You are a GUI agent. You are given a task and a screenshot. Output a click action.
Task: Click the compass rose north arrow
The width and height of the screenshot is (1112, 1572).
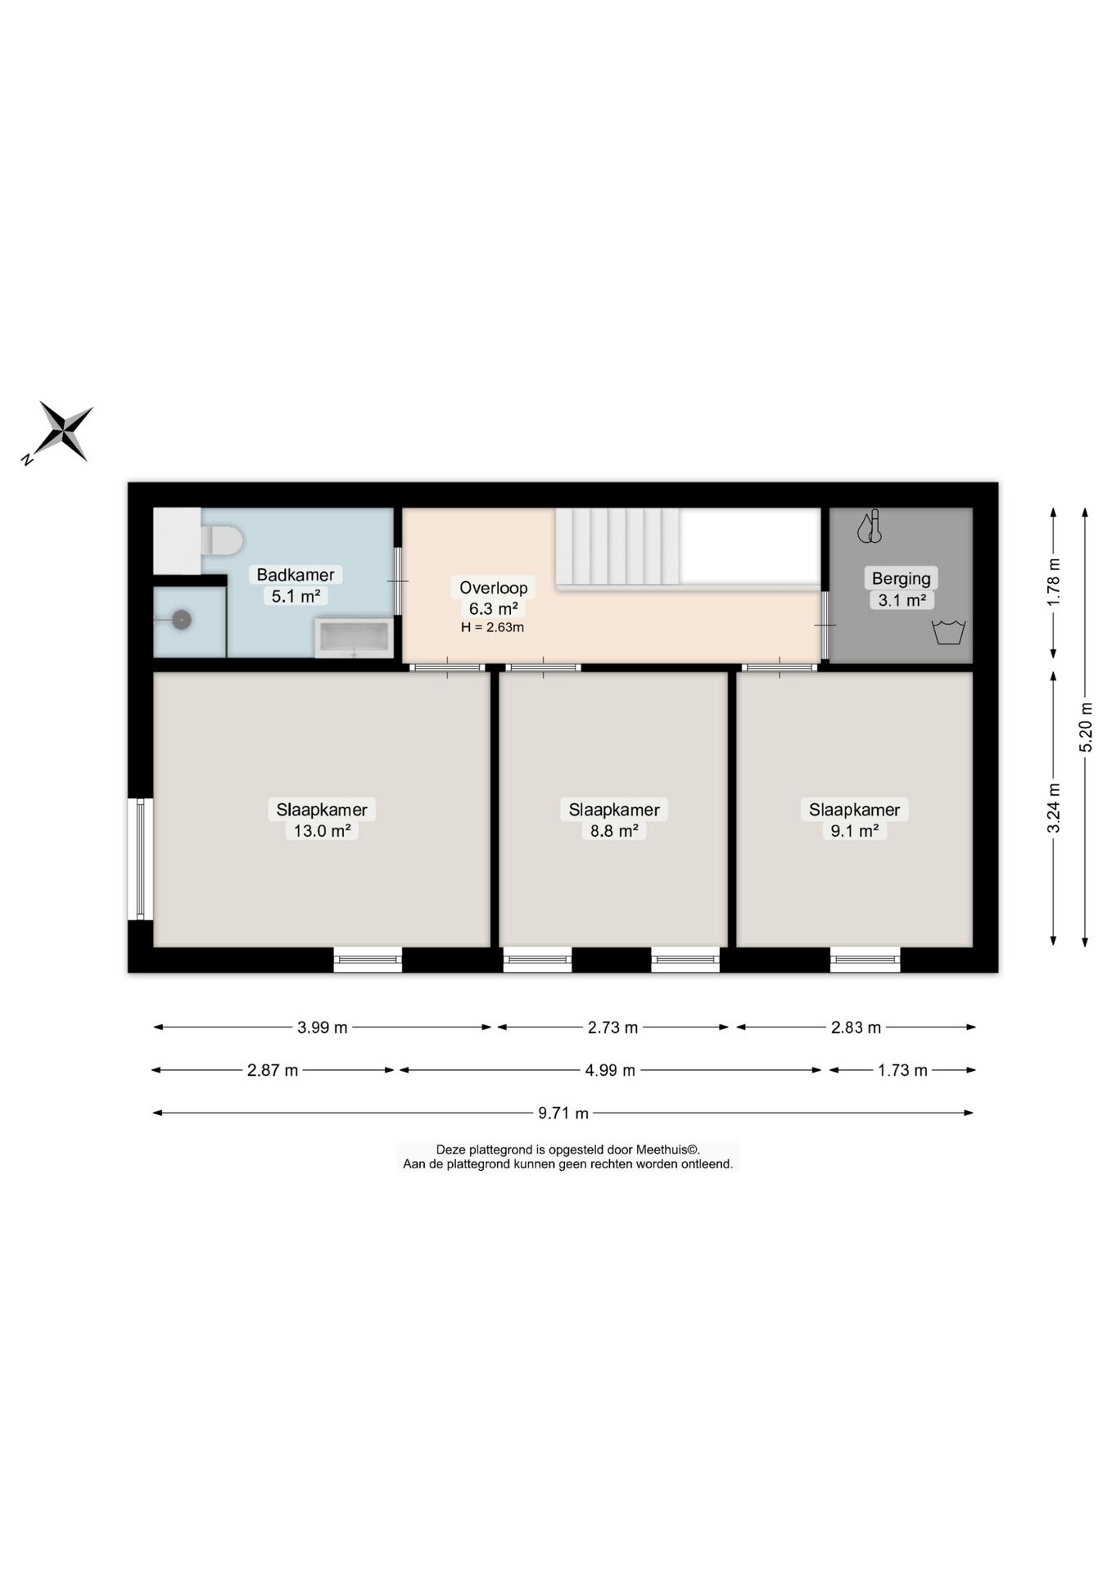[x=57, y=432]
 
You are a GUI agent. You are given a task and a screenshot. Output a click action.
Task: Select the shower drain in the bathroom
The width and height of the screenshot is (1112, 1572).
[x=181, y=620]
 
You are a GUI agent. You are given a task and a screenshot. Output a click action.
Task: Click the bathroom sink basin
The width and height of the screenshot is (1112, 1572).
[x=355, y=638]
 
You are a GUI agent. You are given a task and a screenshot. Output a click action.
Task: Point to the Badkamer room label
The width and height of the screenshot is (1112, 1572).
[x=295, y=575]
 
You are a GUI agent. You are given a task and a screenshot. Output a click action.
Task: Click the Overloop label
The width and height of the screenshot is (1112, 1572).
[x=493, y=587]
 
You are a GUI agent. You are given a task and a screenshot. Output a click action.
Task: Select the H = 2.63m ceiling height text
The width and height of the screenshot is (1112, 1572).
[x=492, y=627]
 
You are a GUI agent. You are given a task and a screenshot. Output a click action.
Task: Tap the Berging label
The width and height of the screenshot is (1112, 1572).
[x=901, y=578]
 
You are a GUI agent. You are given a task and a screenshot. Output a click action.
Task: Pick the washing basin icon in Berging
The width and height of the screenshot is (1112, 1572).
[x=948, y=632]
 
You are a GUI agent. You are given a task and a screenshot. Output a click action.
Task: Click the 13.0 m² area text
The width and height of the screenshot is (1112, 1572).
[x=322, y=831]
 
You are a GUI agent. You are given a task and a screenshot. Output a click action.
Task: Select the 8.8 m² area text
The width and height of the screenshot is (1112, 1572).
[x=613, y=831]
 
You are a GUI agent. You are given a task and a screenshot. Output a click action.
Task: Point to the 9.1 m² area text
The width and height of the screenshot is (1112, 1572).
[x=854, y=831]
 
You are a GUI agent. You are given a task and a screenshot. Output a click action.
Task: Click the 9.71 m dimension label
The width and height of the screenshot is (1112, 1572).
[x=563, y=1113]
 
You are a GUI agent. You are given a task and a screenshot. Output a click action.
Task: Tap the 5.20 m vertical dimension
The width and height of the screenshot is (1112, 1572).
[x=1085, y=727]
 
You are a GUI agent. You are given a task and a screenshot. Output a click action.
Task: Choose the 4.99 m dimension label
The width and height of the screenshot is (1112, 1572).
[x=609, y=1070]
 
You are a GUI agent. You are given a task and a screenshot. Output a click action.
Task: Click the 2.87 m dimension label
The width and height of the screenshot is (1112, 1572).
[x=273, y=1070]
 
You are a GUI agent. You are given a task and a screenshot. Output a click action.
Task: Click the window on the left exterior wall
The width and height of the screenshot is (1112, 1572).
[x=140, y=859]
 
